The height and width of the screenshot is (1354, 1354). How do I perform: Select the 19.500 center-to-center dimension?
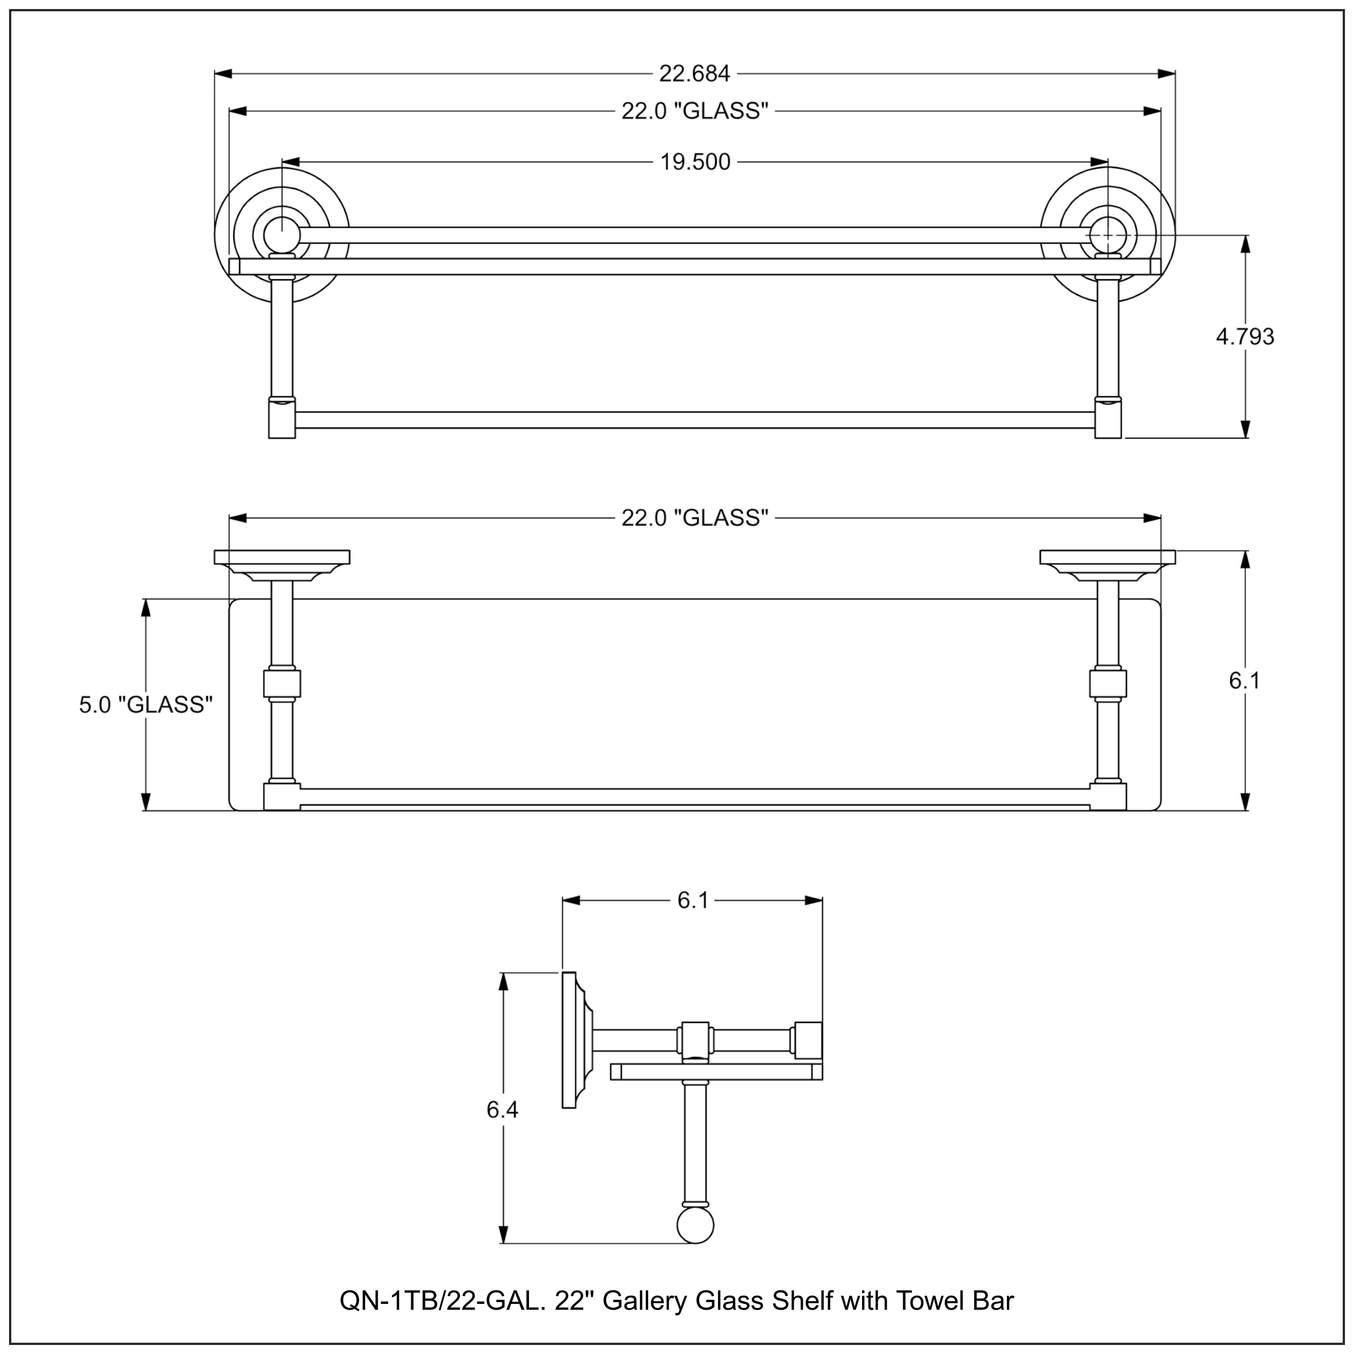(x=695, y=162)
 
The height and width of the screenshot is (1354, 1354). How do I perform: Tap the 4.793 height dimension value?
(x=1245, y=337)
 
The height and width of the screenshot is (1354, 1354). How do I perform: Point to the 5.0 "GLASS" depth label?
(x=146, y=705)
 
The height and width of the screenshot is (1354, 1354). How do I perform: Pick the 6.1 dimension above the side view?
(x=692, y=900)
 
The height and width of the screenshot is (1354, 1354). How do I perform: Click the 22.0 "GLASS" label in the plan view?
(x=695, y=518)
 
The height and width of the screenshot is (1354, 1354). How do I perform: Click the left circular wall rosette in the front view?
(x=282, y=234)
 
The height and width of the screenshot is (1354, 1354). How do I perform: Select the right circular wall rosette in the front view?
(x=1108, y=234)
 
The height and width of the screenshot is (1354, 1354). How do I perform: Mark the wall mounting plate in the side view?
(x=569, y=1040)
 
